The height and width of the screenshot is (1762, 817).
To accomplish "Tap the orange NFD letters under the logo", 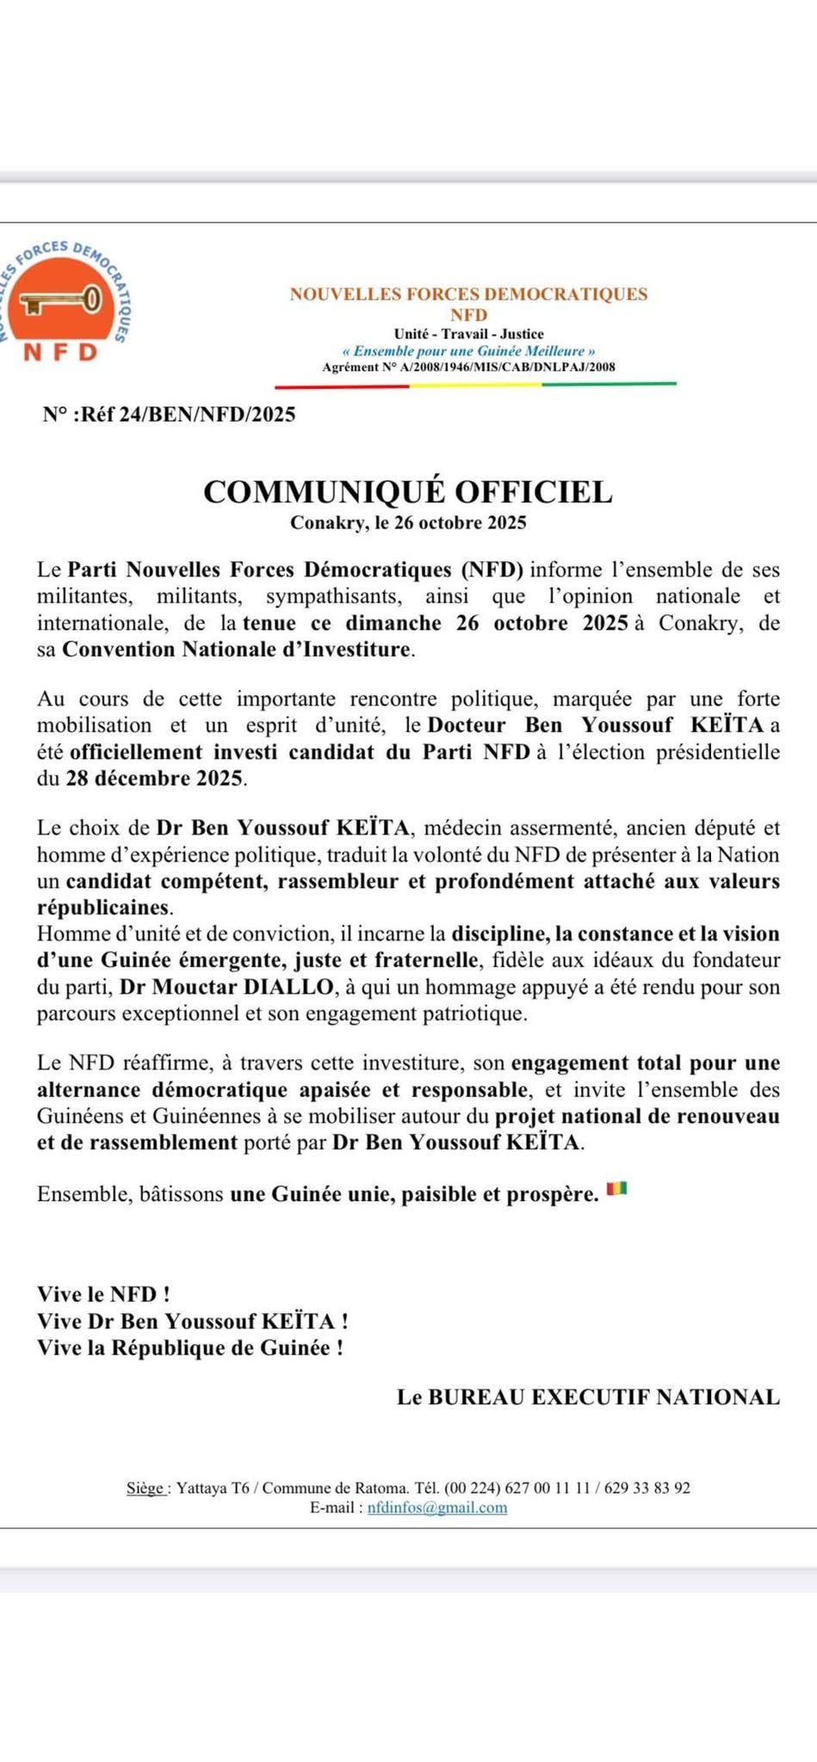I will [59, 352].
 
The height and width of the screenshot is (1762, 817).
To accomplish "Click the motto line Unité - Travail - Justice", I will [468, 334].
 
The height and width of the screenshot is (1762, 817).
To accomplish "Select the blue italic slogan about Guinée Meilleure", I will [468, 351].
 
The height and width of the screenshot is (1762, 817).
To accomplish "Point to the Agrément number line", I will [468, 367].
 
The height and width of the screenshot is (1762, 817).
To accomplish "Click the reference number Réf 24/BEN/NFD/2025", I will [169, 415].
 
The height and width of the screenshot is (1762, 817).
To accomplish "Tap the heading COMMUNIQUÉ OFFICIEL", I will [408, 491].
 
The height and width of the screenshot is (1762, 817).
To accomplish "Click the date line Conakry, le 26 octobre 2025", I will [408, 522].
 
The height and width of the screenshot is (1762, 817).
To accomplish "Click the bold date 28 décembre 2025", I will [155, 779].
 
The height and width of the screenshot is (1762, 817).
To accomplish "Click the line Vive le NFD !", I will [103, 1294].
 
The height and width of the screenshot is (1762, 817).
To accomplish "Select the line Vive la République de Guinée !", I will [190, 1347].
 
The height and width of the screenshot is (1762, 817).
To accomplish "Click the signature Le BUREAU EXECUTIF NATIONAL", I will [588, 1397].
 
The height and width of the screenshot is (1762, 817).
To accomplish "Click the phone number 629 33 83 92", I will [647, 1488].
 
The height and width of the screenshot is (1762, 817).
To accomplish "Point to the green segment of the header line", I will [610, 384].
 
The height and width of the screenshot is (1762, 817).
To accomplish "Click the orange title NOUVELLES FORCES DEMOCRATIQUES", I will [468, 294].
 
